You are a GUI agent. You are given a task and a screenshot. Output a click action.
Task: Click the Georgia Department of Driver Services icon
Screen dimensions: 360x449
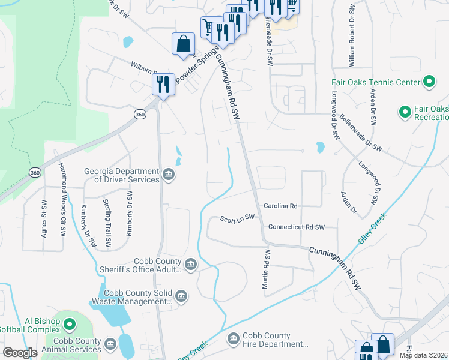click(x=169, y=176)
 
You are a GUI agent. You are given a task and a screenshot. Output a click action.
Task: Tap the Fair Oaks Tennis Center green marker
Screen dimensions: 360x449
click(x=429, y=82)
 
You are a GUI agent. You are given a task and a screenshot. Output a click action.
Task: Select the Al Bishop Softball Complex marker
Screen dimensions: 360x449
click(x=70, y=326)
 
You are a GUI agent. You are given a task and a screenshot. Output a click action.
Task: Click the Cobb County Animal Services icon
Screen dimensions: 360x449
click(x=109, y=344)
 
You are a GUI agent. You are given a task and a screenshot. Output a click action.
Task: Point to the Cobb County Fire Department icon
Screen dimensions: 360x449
click(x=234, y=340)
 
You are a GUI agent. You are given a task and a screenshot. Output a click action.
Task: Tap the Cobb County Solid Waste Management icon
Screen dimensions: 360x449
click(x=181, y=295)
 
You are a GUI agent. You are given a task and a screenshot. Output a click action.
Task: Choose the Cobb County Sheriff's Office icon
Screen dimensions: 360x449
click(x=190, y=265)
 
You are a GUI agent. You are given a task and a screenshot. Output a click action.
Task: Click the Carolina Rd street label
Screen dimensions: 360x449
click(x=281, y=206)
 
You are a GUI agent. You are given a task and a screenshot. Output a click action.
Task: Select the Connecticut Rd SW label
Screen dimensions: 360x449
click(x=296, y=227)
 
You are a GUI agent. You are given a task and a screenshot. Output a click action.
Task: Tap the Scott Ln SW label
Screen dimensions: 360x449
click(x=237, y=218)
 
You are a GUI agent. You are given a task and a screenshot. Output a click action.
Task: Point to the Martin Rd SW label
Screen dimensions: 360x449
click(x=265, y=270)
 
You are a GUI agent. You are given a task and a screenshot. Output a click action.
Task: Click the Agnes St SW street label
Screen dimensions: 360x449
click(x=44, y=218)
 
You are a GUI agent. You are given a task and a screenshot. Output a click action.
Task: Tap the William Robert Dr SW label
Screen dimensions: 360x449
click(x=352, y=32)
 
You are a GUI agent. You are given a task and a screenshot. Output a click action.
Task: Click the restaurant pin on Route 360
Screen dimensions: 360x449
click(x=163, y=83)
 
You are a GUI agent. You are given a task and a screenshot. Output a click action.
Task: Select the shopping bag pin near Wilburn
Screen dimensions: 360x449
click(x=183, y=44)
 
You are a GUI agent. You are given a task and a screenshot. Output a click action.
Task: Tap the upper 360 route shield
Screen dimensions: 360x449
click(x=140, y=114)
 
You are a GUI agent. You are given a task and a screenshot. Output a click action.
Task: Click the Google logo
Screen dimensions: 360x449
click(x=20, y=353)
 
